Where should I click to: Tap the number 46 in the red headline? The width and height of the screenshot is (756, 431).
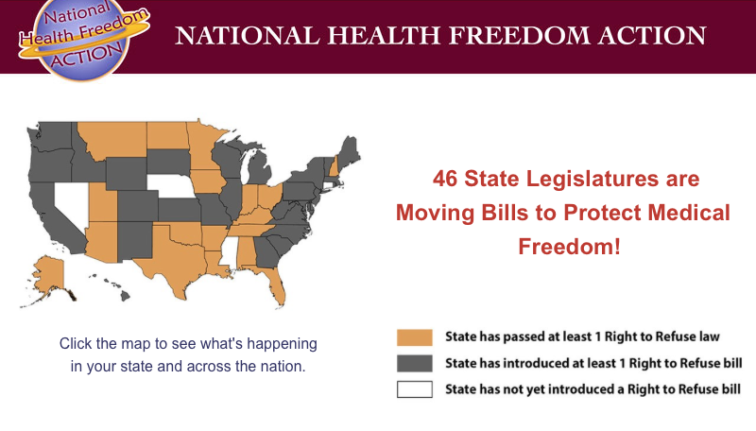pos(444,179)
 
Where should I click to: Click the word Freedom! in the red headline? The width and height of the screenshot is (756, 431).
pos(569,247)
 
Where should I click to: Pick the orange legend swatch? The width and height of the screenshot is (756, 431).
pos(415,337)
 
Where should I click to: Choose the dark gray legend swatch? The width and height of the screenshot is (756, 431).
pos(415,364)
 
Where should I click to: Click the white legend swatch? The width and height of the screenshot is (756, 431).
pos(415,389)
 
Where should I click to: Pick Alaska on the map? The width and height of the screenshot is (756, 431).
pos(47,277)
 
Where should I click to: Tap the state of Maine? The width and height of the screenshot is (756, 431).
pos(348,153)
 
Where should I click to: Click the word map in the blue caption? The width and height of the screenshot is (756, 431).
pos(135,344)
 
